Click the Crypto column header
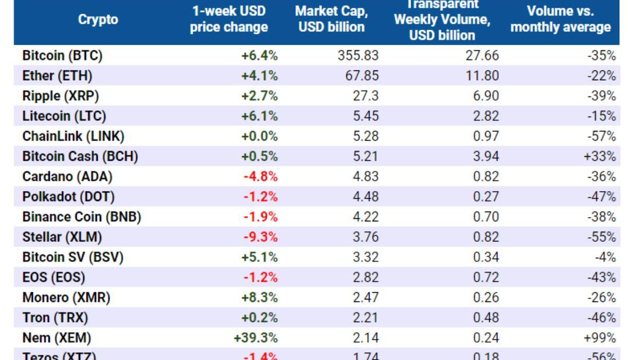click(x=98, y=20)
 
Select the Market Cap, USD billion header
click(x=331, y=20)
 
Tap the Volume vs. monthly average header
click(x=561, y=20)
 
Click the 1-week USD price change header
click(x=229, y=20)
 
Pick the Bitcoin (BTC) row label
click(x=62, y=55)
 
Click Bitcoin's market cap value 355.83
click(x=358, y=55)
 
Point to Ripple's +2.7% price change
click(x=260, y=96)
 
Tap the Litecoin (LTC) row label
click(x=64, y=116)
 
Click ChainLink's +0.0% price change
click(x=260, y=136)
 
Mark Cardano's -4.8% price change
click(x=261, y=176)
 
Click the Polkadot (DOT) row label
click(x=68, y=196)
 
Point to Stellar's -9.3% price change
click(x=261, y=237)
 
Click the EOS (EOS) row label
click(x=53, y=277)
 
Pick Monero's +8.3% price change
click(x=260, y=297)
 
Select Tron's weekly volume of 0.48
click(x=485, y=317)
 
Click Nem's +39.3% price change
click(x=255, y=337)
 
